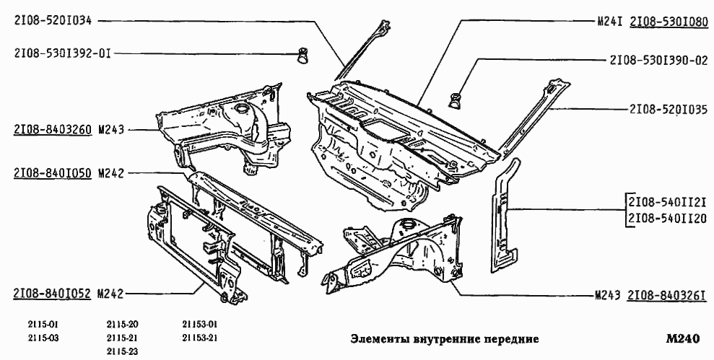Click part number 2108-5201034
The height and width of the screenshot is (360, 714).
pyautogui.click(x=53, y=21)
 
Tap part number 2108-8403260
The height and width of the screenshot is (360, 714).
pyautogui.click(x=52, y=131)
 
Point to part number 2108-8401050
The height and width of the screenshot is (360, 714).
pyautogui.click(x=52, y=173)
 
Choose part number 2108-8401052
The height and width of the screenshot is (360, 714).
pyautogui.click(x=52, y=293)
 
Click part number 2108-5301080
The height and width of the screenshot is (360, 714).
pyautogui.click(x=669, y=21)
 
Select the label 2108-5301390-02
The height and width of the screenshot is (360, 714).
pyautogui.click(x=658, y=61)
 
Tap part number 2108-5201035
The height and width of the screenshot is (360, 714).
pyautogui.click(x=668, y=110)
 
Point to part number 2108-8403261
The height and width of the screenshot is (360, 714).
pyautogui.click(x=666, y=296)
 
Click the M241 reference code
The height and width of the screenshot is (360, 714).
pyautogui.click(x=609, y=21)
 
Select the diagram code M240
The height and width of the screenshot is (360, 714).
pyautogui.click(x=683, y=338)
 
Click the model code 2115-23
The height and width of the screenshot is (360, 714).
pyautogui.click(x=122, y=351)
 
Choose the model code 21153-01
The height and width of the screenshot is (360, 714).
pyautogui.click(x=200, y=324)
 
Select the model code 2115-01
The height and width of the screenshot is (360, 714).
pyautogui.click(x=43, y=324)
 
